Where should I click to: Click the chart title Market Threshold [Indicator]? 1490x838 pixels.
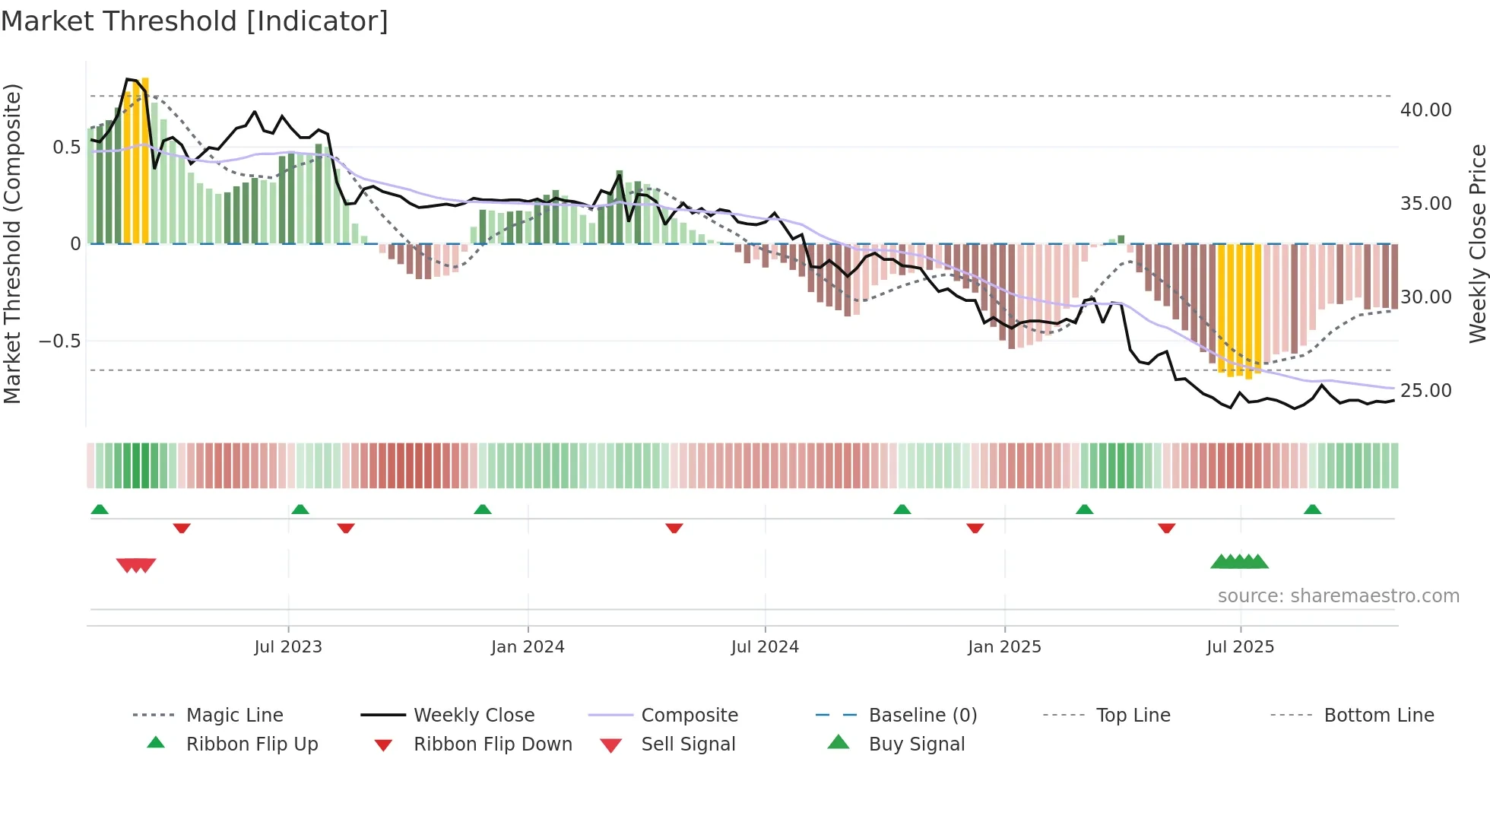pyautogui.click(x=195, y=21)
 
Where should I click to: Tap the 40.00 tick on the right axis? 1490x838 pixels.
pyautogui.click(x=1425, y=110)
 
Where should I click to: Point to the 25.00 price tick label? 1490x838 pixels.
pyautogui.click(x=1425, y=391)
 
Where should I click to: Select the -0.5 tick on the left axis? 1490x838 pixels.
pyautogui.click(x=59, y=341)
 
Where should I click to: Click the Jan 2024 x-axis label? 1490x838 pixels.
pyautogui.click(x=528, y=647)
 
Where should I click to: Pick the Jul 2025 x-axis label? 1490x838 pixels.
pyautogui.click(x=1240, y=647)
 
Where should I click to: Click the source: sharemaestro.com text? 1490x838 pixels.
pyautogui.click(x=1338, y=596)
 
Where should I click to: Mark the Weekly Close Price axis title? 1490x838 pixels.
pyautogui.click(x=1477, y=243)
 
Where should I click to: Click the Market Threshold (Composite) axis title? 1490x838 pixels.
pyautogui.click(x=12, y=243)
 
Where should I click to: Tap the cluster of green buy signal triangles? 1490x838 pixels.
pyautogui.click(x=1239, y=562)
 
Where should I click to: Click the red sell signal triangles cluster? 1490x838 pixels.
pyautogui.click(x=136, y=565)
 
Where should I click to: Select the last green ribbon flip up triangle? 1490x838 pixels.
pyautogui.click(x=1312, y=509)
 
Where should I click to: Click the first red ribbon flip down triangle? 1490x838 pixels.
pyautogui.click(x=182, y=528)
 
